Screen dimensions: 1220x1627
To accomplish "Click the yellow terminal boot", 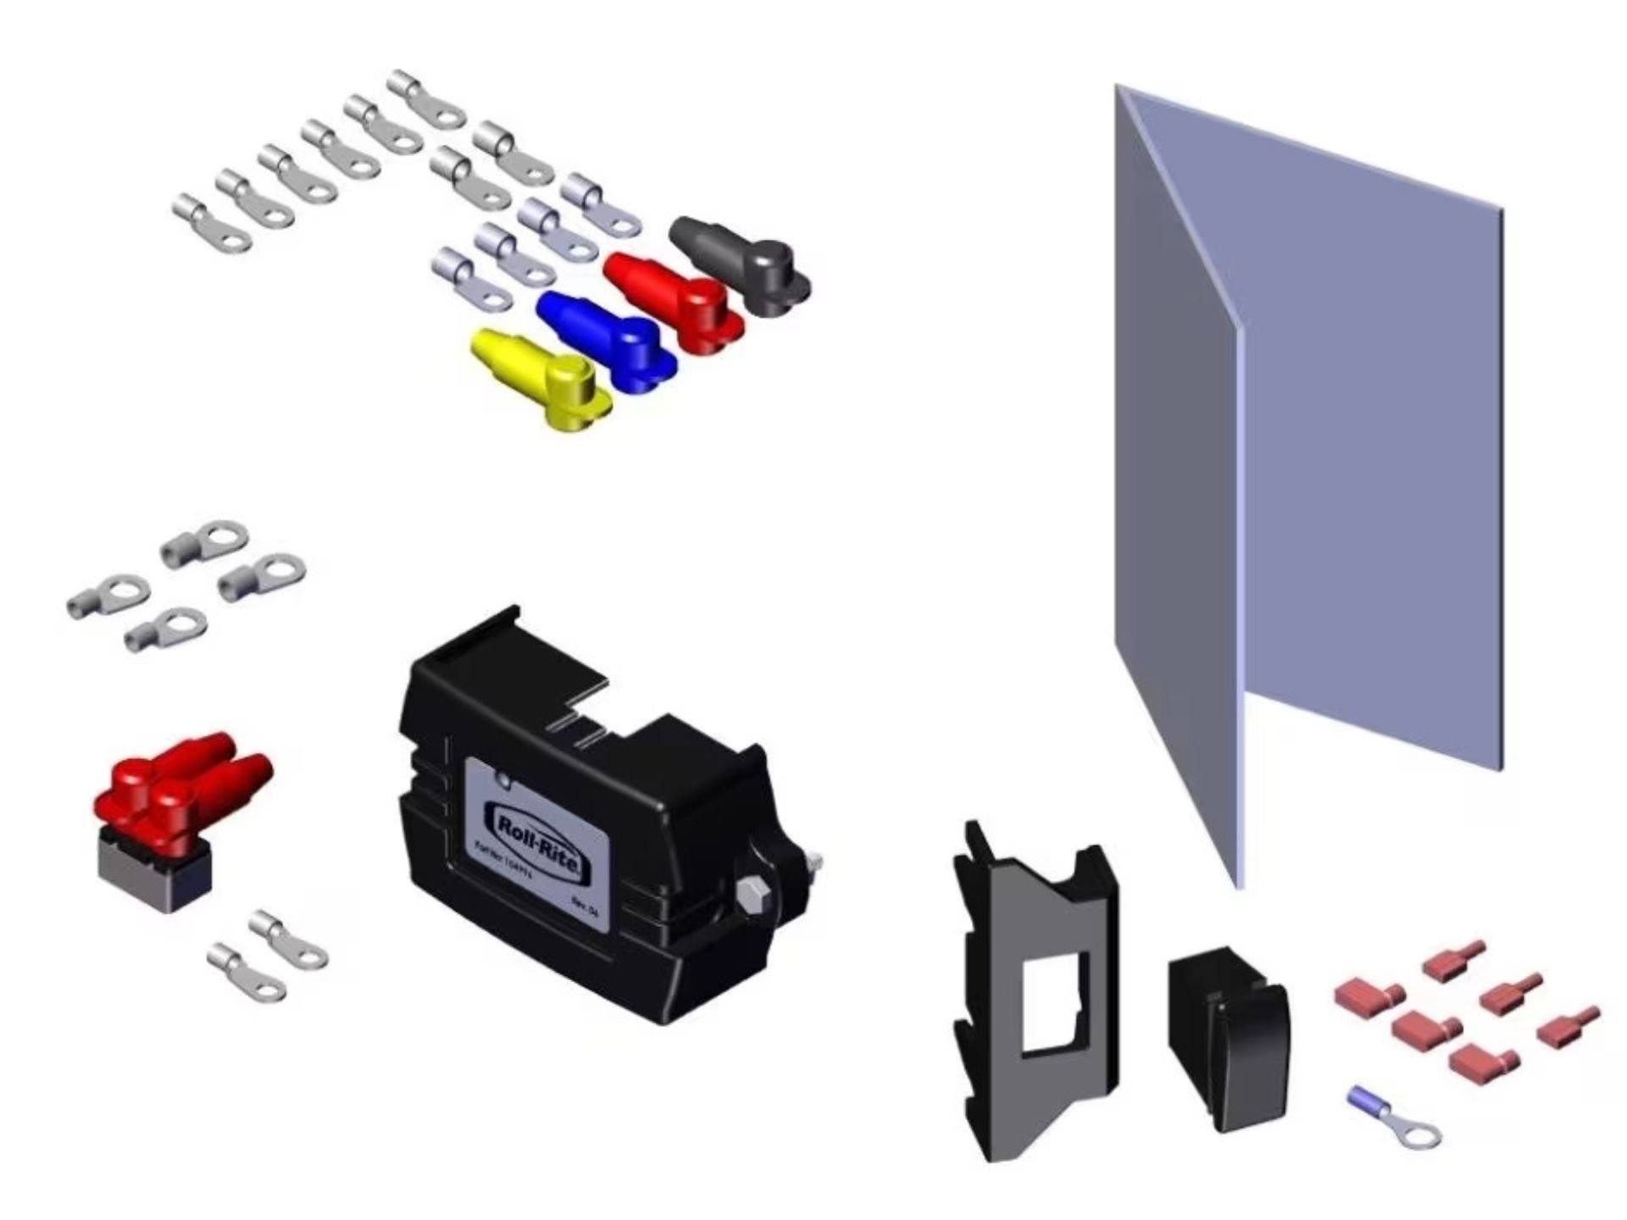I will (542, 378).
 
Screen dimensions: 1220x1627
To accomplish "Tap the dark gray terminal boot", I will (741, 263).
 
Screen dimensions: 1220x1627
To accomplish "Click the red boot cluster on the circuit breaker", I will (182, 779).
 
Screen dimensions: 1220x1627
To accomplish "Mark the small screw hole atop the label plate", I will (503, 777).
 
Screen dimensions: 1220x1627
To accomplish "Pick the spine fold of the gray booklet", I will (1240, 593).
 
